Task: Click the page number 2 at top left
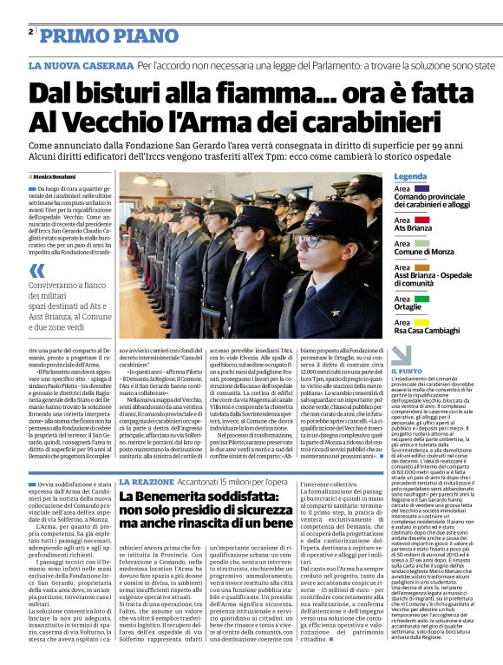30,32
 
